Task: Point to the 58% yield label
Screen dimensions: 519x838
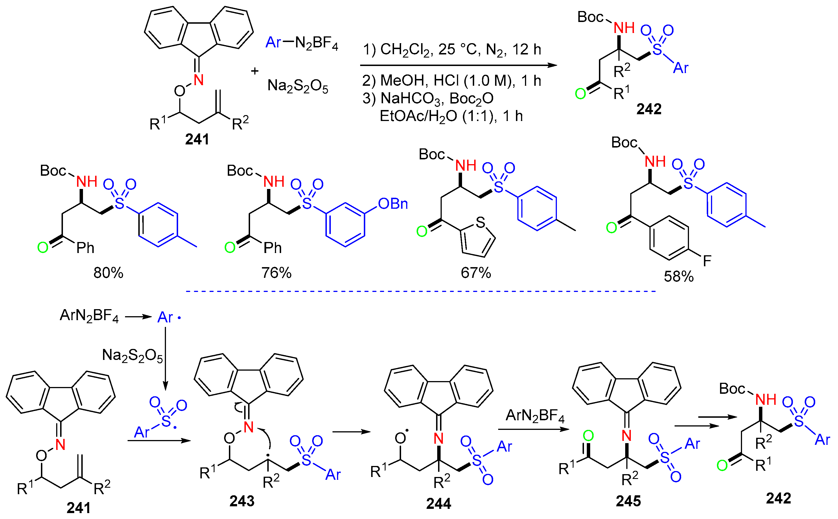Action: click(679, 277)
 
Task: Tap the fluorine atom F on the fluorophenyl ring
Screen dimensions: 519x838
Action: click(707, 261)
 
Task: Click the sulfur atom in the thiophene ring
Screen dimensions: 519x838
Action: click(480, 223)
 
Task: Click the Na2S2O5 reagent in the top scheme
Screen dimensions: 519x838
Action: click(297, 86)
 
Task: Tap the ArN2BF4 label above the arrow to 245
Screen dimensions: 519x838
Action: click(535, 416)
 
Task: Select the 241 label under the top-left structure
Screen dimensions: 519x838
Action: click(197, 139)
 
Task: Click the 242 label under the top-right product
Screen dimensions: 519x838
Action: click(649, 109)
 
